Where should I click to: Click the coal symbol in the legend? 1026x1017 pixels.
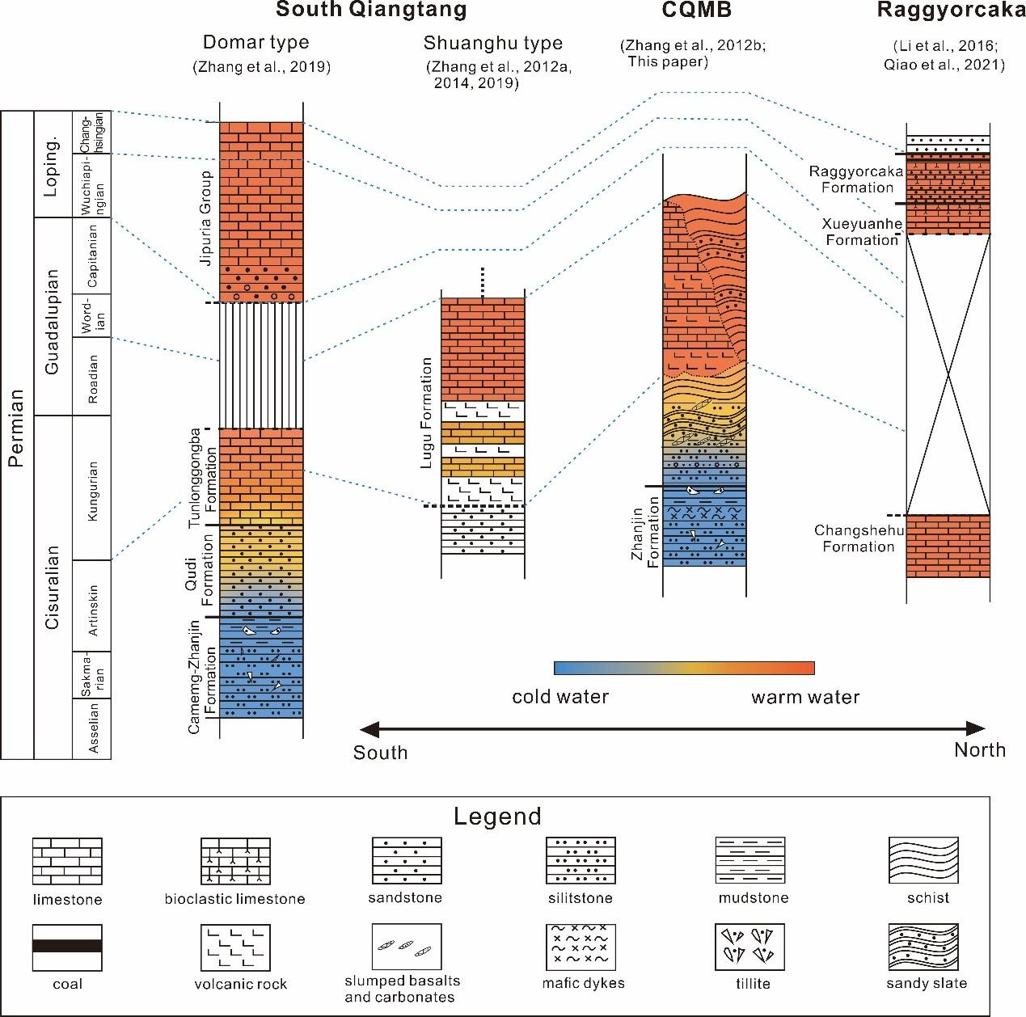pyautogui.click(x=67, y=947)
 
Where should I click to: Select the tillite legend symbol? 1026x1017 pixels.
pyautogui.click(x=750, y=947)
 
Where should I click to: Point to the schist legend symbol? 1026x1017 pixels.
pyautogui.click(x=927, y=862)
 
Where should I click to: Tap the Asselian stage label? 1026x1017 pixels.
pyautogui.click(x=93, y=728)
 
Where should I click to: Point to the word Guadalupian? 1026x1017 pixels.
pyautogui.click(x=53, y=321)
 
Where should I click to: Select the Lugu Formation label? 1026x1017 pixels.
pyautogui.click(x=426, y=414)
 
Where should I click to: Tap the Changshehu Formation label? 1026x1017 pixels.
pyautogui.click(x=858, y=538)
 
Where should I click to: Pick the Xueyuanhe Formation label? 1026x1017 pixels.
pyautogui.click(x=860, y=232)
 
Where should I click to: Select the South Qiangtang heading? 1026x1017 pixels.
pyautogui.click(x=371, y=11)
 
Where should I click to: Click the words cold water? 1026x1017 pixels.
pyautogui.click(x=560, y=697)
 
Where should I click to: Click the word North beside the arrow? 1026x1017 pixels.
pyautogui.click(x=979, y=750)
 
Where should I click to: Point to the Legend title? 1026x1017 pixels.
pyautogui.click(x=496, y=817)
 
